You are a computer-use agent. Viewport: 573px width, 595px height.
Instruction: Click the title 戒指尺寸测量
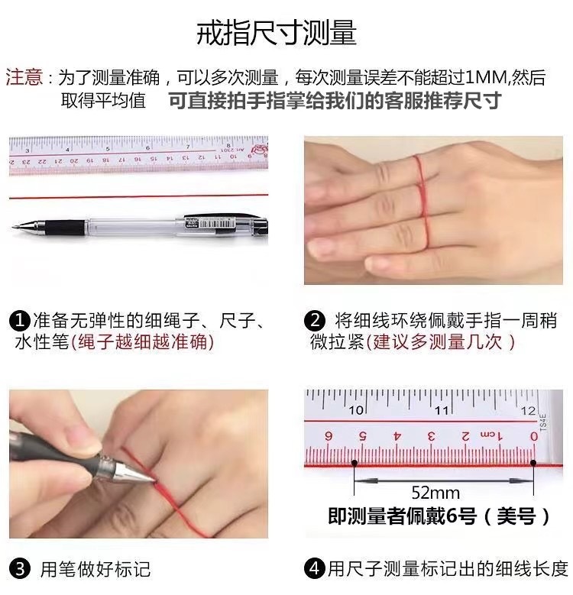click(277, 33)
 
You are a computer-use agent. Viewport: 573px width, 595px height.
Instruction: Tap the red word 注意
click(24, 77)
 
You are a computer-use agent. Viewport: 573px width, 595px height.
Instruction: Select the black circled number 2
click(315, 321)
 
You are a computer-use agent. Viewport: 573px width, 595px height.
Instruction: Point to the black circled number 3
click(20, 569)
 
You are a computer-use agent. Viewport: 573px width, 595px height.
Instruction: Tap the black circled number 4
click(315, 568)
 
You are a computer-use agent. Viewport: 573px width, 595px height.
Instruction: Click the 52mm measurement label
click(435, 493)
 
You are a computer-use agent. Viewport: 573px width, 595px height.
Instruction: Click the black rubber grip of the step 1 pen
click(64, 228)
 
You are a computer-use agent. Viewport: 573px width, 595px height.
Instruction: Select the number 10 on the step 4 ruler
click(356, 410)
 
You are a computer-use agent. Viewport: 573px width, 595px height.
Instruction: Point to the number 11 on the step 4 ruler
click(441, 410)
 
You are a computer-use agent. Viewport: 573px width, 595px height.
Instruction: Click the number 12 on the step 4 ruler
click(528, 410)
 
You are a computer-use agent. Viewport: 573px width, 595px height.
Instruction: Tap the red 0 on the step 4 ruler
click(534, 436)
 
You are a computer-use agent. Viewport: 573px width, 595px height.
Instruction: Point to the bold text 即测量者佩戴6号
click(402, 516)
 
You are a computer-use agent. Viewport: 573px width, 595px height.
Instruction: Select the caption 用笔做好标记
click(95, 569)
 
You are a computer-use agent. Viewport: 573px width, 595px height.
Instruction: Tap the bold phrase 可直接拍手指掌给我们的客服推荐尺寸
click(335, 101)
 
